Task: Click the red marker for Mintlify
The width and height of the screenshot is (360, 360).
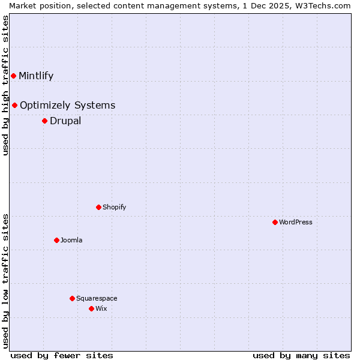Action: click(x=13, y=76)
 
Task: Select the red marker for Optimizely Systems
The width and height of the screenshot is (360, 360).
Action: click(x=14, y=105)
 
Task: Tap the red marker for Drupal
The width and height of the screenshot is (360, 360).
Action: click(x=44, y=121)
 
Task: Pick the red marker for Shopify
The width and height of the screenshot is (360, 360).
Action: click(x=98, y=207)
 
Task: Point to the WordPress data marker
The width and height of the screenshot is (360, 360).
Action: click(x=275, y=222)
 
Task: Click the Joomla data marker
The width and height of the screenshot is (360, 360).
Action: click(x=56, y=240)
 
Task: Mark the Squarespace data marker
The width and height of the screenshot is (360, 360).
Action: click(x=72, y=298)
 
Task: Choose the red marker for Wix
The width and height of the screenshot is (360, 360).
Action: click(x=91, y=308)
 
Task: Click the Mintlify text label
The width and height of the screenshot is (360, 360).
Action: click(x=36, y=76)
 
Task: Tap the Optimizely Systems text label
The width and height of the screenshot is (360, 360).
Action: click(x=67, y=106)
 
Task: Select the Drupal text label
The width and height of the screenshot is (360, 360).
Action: click(x=65, y=121)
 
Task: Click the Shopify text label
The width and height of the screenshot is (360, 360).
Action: click(x=114, y=207)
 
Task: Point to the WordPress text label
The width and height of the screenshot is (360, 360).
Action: click(x=295, y=222)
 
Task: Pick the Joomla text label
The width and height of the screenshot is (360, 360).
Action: click(x=71, y=240)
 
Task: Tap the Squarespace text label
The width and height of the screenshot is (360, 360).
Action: click(x=97, y=298)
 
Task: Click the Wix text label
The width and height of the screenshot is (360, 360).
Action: click(x=101, y=308)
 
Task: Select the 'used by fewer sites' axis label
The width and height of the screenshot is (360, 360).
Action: click(x=62, y=355)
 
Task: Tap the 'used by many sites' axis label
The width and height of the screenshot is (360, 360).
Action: click(x=301, y=355)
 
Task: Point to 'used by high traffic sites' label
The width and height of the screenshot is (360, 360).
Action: click(x=5, y=85)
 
